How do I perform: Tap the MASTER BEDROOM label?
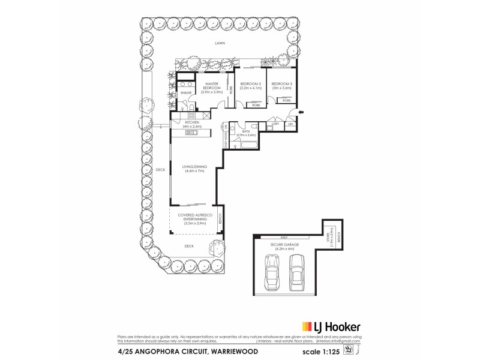point(212,88)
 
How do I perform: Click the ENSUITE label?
point(186,93)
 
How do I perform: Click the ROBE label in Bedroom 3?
point(287,100)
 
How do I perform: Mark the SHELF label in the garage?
point(285,238)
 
